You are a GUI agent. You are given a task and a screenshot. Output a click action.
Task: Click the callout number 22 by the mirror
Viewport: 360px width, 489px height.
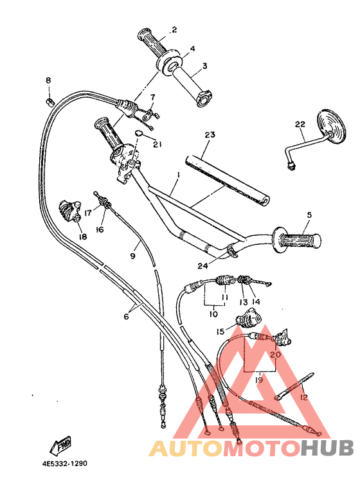299,124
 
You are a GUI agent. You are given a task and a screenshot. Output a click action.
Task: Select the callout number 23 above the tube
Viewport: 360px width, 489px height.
209,135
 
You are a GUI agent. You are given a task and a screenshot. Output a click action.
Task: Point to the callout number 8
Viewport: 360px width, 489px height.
48,80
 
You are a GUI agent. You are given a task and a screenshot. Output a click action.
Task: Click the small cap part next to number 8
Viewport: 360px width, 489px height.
50,100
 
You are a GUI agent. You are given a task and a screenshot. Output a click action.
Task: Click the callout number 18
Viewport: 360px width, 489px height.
82,236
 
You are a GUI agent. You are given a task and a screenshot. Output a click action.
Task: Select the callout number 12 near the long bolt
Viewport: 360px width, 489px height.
303,398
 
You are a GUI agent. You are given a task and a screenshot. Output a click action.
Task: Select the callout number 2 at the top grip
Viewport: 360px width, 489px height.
173,30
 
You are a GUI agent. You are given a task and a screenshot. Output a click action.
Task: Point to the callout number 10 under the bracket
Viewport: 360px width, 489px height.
213,314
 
